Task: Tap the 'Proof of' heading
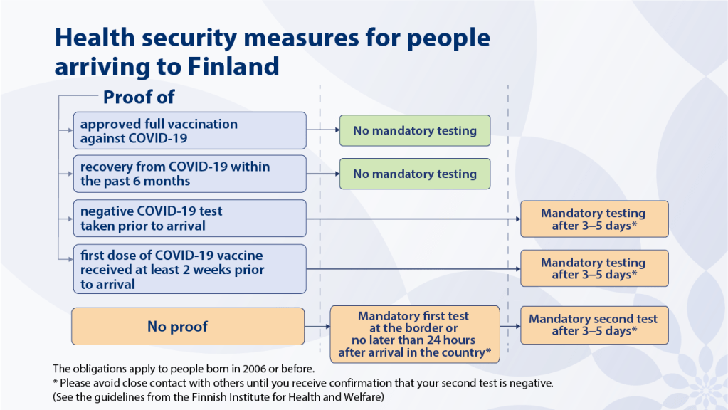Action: click(139, 97)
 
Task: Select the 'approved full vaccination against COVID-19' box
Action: click(189, 130)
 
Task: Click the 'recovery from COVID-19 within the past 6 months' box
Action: click(189, 174)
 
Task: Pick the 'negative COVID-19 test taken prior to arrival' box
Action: click(189, 219)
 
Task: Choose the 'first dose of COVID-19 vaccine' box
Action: click(189, 269)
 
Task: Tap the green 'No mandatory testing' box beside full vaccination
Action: click(414, 131)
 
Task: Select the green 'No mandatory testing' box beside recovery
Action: click(414, 174)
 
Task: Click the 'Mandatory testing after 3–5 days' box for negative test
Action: click(594, 219)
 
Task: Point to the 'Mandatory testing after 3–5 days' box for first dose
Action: click(594, 268)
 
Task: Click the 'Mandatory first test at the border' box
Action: click(413, 334)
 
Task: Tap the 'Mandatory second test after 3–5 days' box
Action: click(594, 325)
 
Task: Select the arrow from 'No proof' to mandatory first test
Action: click(317, 327)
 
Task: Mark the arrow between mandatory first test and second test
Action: click(510, 327)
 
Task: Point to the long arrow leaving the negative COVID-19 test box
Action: click(413, 219)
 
